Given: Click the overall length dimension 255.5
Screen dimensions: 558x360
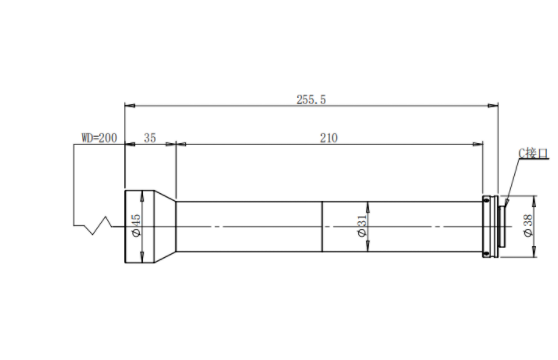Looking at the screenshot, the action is coord(311,100).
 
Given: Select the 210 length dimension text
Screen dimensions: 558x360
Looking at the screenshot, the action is coord(328,138).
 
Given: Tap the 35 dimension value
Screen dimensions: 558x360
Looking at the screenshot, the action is coord(150,138).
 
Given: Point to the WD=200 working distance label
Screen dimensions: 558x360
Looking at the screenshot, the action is coord(99,138).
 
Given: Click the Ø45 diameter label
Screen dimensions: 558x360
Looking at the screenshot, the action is coord(136,225).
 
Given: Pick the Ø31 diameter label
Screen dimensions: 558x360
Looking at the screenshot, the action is coord(362,226).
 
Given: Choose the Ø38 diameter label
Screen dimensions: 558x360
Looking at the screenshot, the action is coord(528,225).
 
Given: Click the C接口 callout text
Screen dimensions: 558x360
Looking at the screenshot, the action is coord(534,153).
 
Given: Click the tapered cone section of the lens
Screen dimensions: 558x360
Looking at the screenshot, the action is coord(165,227).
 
